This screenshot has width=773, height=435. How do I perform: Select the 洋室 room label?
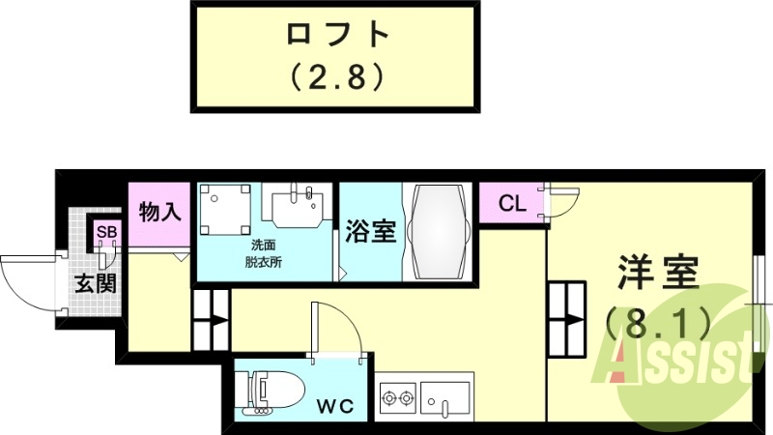click(657, 273)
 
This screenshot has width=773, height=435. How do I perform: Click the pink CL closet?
click(512, 204)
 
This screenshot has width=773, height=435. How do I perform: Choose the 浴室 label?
click(371, 231)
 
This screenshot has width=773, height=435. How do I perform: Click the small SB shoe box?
click(105, 233)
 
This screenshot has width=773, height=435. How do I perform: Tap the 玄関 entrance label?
click(97, 284)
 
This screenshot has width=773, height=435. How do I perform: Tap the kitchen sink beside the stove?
click(446, 396)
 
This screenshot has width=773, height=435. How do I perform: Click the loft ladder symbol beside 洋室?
click(567, 319)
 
